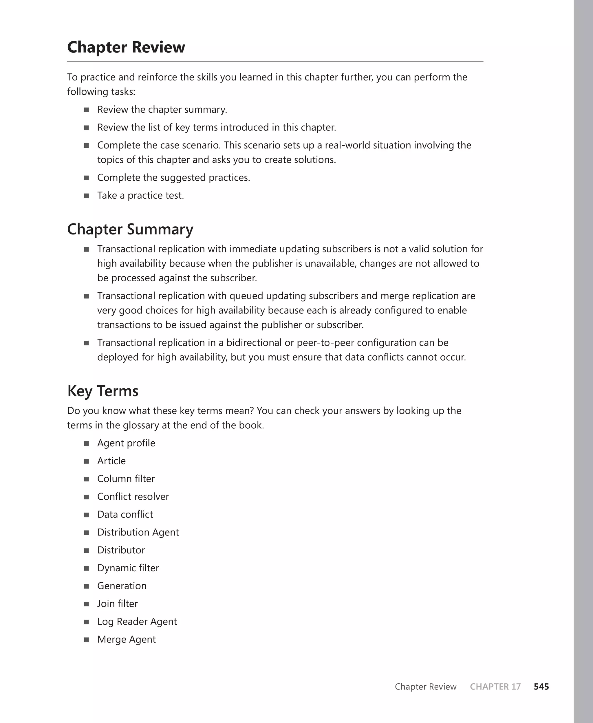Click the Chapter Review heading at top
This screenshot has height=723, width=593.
click(126, 47)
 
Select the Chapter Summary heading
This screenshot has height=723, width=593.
click(130, 229)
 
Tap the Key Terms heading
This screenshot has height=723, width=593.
click(103, 391)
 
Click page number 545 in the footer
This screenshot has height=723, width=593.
click(541, 687)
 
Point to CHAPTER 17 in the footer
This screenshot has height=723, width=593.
click(495, 687)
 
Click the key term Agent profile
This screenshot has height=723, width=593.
click(126, 443)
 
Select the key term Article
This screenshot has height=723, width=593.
click(111, 461)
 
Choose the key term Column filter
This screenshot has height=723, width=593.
click(126, 479)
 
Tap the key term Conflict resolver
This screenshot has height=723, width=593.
click(133, 497)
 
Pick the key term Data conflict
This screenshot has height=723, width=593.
click(125, 514)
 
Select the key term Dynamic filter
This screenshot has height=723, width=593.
click(128, 568)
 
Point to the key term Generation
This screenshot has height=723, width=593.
click(122, 586)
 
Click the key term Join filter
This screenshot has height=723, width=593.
click(118, 603)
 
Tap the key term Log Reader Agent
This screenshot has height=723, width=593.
click(137, 622)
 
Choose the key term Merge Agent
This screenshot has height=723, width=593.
click(126, 639)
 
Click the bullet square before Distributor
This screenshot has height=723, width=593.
click(86, 550)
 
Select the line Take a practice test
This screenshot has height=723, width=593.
click(140, 196)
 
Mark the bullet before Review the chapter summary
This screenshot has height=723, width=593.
click(86, 110)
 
